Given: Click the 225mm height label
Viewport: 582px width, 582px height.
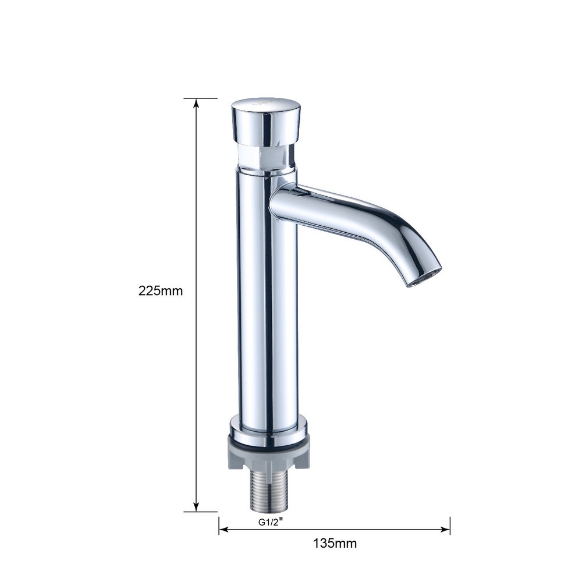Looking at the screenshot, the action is pyautogui.click(x=161, y=290).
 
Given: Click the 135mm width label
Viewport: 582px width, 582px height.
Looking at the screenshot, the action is pyautogui.click(x=335, y=543).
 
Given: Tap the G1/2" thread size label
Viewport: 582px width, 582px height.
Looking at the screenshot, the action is pyautogui.click(x=271, y=522).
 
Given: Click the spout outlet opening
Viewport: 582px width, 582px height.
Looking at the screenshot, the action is pyautogui.click(x=426, y=277).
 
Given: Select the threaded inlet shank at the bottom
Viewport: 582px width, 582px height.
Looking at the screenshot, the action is pyautogui.click(x=268, y=491).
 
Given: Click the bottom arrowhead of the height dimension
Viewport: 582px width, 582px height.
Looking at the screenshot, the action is pyautogui.click(x=196, y=506).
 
